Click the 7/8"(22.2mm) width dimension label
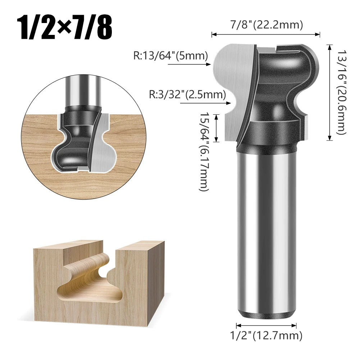[266, 25]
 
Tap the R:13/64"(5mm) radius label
[170, 56]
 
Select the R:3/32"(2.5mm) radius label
[187, 95]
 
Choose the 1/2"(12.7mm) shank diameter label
[266, 336]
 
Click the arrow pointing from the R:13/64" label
[189, 65]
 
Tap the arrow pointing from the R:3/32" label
[205, 103]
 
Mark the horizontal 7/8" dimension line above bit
[266, 35]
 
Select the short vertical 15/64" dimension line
[217, 128]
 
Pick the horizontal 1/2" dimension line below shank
[266, 325]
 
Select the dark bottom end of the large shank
[266, 314]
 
